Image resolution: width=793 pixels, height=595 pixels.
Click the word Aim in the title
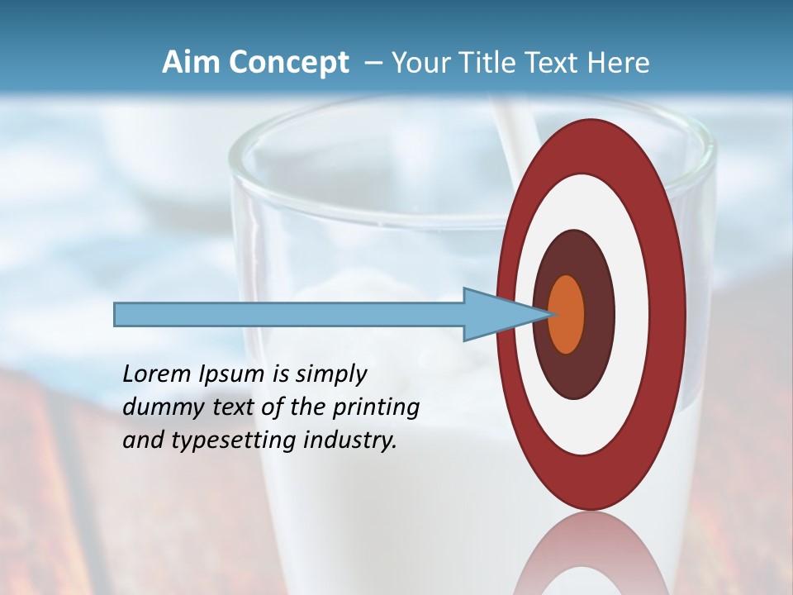(190, 63)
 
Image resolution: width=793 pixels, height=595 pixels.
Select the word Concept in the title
(288, 63)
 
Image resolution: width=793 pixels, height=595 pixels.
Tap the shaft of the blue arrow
(289, 314)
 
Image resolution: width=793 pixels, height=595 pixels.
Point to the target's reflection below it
(591, 554)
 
